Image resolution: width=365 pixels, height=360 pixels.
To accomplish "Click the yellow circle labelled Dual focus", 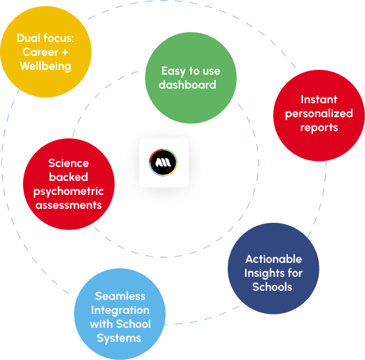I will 46,52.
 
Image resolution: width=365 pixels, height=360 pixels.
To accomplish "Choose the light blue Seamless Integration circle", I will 120,314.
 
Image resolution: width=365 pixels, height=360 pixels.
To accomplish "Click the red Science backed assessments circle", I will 69,185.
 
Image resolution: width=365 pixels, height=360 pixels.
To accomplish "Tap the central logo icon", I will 163,163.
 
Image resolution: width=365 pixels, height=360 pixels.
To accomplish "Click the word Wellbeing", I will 46,66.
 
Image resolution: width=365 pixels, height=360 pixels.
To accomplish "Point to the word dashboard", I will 188,84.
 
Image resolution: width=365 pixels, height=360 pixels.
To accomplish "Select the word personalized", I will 319,114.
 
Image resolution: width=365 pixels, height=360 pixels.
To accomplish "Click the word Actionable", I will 273,259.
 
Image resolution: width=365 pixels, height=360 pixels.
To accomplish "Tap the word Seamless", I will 120,296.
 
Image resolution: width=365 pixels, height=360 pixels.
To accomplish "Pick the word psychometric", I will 69,191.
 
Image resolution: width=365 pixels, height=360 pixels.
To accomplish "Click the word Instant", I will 319,100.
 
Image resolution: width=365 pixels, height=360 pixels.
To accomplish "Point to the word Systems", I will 120,338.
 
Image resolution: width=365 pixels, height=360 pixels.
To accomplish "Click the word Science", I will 69,163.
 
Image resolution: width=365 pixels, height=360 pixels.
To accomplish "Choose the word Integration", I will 120,310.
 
